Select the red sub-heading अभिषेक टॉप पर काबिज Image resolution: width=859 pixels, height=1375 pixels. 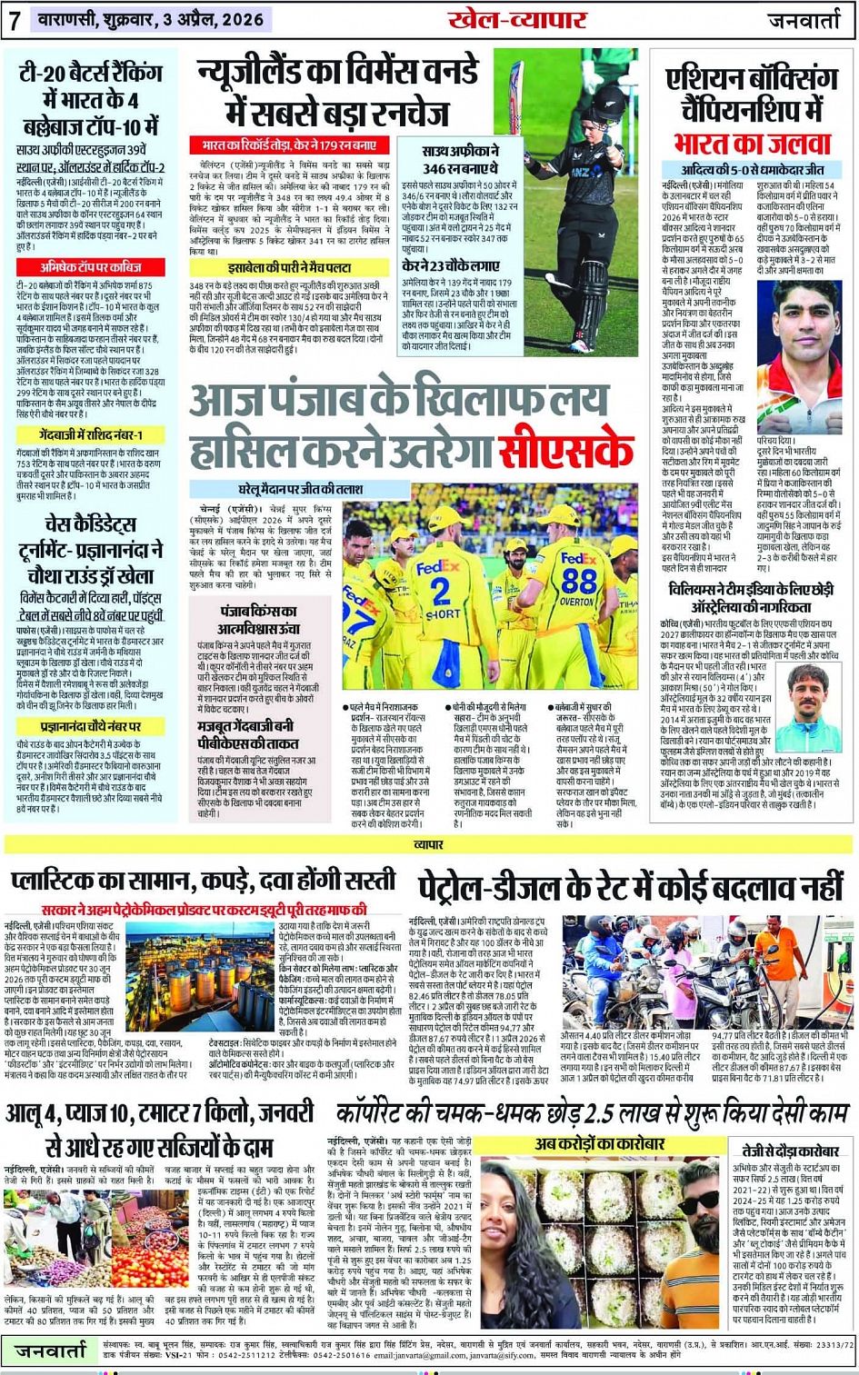tap(91, 267)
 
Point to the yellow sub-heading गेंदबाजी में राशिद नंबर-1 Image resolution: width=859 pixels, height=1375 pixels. tap(91, 435)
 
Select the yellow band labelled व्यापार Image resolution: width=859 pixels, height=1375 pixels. tap(428, 844)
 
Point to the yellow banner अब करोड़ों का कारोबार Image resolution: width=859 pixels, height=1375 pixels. tap(600, 1144)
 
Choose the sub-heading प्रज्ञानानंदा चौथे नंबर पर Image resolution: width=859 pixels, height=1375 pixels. tap(91, 727)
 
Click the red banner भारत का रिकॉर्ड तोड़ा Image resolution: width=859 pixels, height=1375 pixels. tap(289, 145)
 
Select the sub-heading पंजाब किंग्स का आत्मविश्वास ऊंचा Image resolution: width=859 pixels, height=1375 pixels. tap(257, 619)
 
